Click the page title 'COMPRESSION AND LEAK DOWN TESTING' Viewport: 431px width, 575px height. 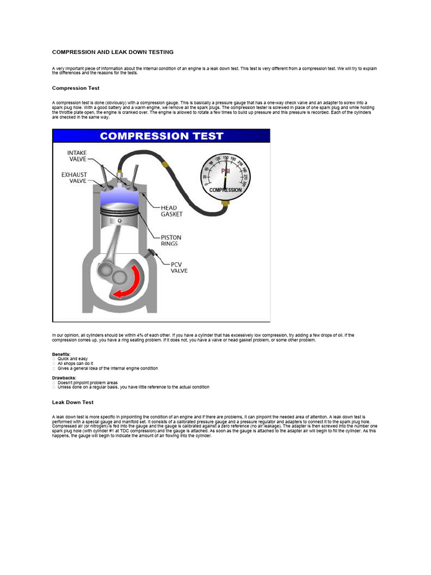click(113, 52)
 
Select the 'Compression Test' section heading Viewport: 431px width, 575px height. click(76, 88)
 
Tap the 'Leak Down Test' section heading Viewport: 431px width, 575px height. click(73, 402)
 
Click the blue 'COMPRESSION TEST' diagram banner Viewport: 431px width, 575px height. click(161, 136)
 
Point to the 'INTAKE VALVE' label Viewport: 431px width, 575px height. click(77, 156)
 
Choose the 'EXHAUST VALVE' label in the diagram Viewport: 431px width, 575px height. click(74, 178)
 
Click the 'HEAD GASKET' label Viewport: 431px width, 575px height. click(171, 211)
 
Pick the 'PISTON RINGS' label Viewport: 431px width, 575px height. click(171, 240)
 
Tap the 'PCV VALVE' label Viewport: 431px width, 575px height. click(179, 267)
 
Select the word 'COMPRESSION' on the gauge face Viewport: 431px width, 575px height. click(225, 190)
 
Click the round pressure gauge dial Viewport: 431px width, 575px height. click(225, 175)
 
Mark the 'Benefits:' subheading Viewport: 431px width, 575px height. click(61, 355)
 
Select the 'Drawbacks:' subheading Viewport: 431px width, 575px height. click(63, 378)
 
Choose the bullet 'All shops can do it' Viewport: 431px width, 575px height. click(75, 364)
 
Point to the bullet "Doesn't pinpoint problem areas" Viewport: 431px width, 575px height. click(88, 382)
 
